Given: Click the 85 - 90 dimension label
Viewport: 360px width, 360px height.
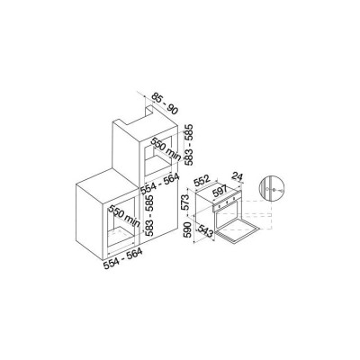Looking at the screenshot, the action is click(x=165, y=103).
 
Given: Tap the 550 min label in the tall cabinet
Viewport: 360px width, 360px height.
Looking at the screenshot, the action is click(x=166, y=149).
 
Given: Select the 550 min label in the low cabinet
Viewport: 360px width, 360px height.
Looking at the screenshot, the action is click(x=124, y=216).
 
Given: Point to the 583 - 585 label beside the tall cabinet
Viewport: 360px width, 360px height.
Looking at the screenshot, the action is click(x=189, y=145).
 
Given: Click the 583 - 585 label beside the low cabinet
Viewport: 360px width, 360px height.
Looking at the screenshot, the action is click(x=148, y=215).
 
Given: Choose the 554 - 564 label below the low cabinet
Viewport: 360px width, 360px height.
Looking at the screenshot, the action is click(x=122, y=259).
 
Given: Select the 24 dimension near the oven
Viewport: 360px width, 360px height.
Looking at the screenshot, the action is click(x=238, y=177).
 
